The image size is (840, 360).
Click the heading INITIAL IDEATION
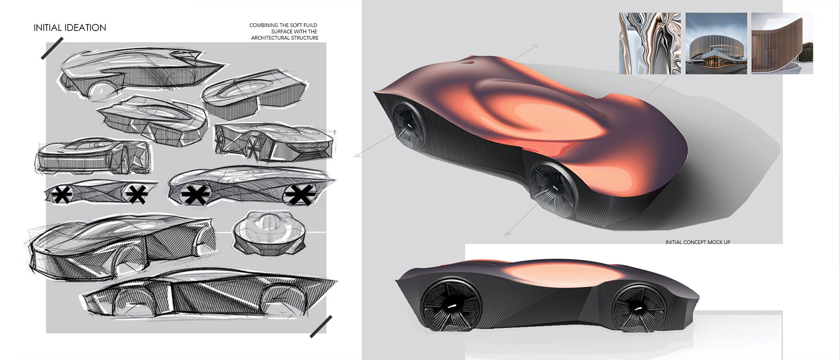click(70, 28)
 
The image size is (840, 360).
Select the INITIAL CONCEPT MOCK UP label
click(698, 242)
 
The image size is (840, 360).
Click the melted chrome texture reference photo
click(650, 43)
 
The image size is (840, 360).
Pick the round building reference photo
click(716, 43)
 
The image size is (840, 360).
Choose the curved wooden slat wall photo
click(782, 43)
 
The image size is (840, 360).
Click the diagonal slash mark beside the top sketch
click(52, 48)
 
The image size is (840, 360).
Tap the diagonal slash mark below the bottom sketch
click(321, 327)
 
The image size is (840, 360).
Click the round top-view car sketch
click(268, 233)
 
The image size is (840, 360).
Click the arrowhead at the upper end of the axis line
click(536, 45)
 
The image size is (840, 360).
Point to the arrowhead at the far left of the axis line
click(357, 154)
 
